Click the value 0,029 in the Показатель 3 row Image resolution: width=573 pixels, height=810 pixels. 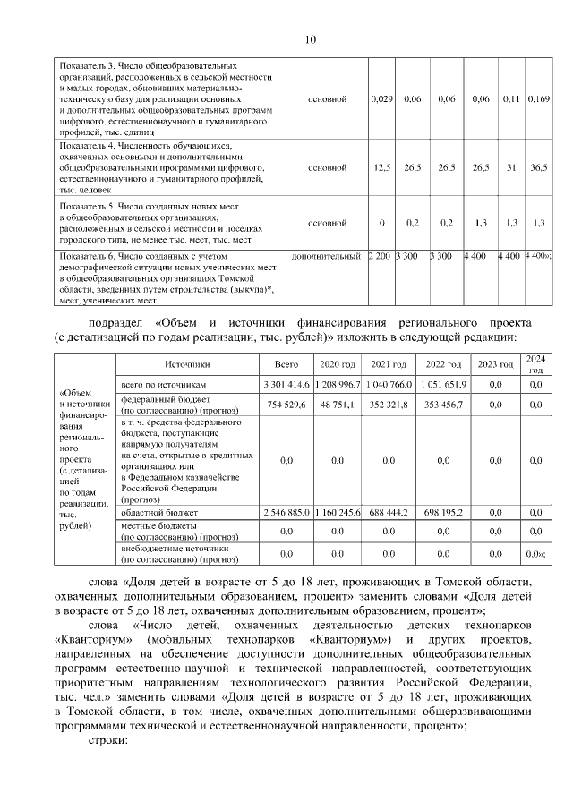[382, 98]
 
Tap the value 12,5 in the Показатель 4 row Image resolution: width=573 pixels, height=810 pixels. [382, 167]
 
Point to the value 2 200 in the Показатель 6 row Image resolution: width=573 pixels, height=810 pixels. [380, 256]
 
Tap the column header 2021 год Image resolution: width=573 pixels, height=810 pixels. [389, 364]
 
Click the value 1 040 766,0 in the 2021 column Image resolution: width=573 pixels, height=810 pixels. [389, 384]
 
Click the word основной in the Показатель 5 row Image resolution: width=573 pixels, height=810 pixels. [327, 223]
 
